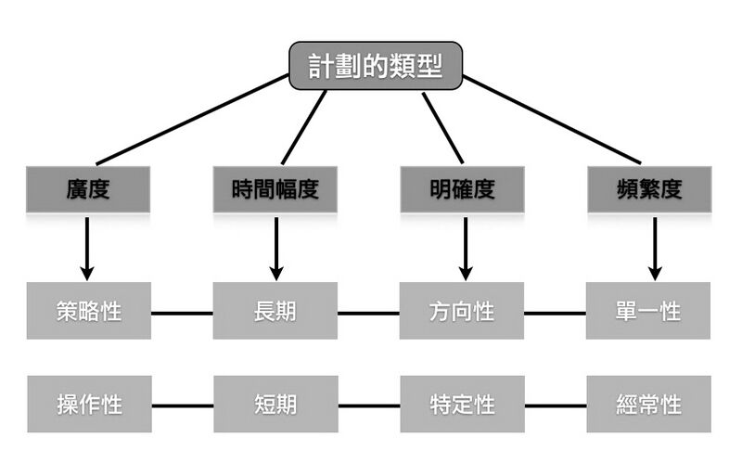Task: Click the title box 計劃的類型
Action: (x=376, y=66)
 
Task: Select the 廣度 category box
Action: (x=89, y=189)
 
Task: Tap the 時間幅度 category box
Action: (x=275, y=189)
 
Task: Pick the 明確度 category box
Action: (x=462, y=189)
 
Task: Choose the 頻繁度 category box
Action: (x=649, y=189)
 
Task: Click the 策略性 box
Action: (x=89, y=311)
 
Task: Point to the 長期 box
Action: (x=275, y=311)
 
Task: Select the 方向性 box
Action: (x=462, y=311)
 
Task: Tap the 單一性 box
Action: (x=649, y=311)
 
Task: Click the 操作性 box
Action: (x=89, y=405)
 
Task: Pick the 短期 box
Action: (x=275, y=405)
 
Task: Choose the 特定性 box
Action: (x=462, y=405)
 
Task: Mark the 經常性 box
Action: (x=649, y=405)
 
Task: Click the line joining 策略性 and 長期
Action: (x=182, y=313)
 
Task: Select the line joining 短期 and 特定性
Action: (x=368, y=405)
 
